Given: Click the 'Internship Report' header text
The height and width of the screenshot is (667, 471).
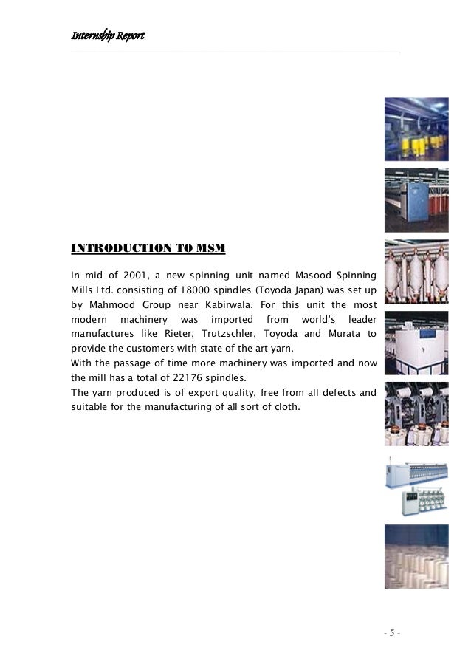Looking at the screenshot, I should [x=107, y=35].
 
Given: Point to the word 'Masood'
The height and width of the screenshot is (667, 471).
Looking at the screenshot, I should [x=302, y=276].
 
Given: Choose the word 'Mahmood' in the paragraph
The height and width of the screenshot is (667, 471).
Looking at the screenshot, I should [x=110, y=304].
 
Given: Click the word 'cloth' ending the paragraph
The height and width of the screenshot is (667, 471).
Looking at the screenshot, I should [x=286, y=405].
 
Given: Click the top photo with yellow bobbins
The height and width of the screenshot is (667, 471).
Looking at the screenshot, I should [x=416, y=129].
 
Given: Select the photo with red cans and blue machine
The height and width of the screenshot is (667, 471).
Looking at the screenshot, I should [x=416, y=200].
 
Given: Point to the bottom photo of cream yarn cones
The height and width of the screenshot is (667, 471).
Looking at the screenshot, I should [x=416, y=556].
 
